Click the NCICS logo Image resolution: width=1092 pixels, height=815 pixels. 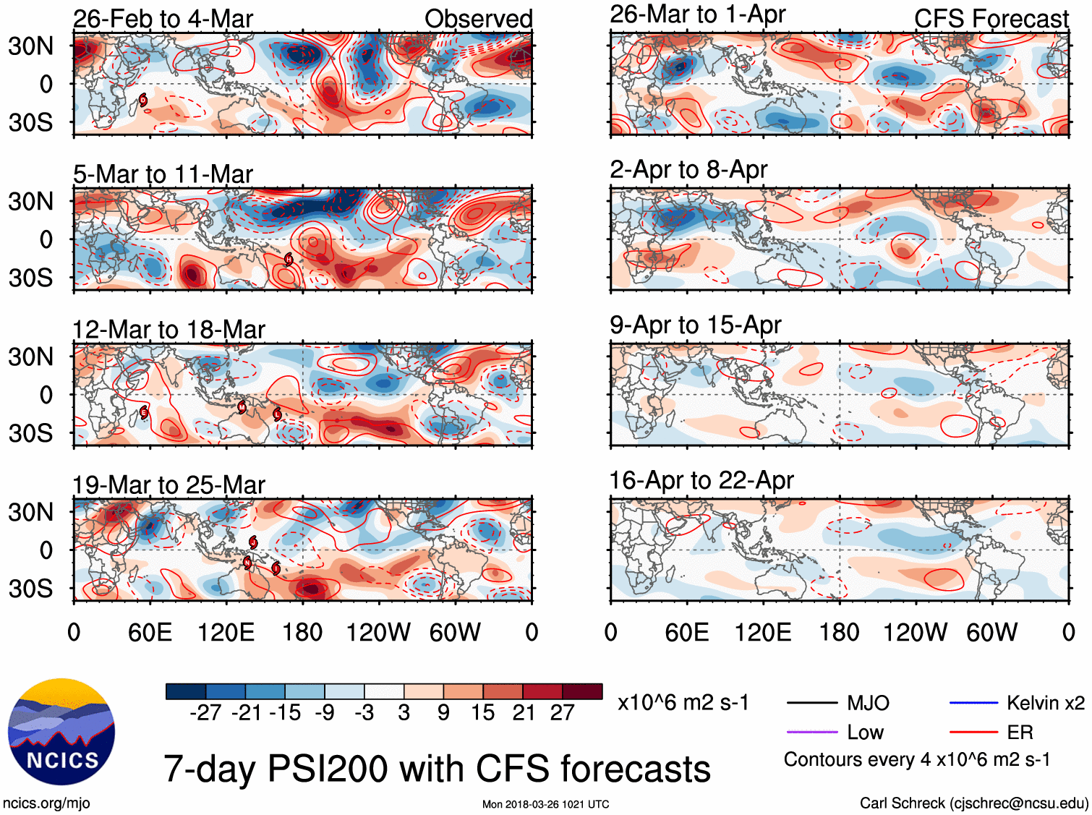click(61, 732)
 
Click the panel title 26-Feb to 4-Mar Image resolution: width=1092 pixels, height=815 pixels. click(163, 19)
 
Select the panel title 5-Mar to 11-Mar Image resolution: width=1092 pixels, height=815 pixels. click(163, 174)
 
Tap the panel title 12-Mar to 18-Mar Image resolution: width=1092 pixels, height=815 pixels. click(169, 330)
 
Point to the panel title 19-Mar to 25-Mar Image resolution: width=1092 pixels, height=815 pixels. click(169, 485)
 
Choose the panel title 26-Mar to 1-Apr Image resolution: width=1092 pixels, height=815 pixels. click(697, 14)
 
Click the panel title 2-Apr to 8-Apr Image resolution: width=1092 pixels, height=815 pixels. click(688, 170)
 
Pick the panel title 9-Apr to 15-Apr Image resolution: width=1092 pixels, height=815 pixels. click(695, 325)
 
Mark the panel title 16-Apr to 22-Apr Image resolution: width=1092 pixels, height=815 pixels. click(701, 481)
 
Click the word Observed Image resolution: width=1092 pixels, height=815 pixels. click(478, 19)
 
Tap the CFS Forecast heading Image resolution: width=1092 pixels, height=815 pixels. click(991, 19)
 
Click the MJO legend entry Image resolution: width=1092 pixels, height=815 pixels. click(868, 703)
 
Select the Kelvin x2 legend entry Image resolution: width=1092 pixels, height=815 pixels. click(1045, 703)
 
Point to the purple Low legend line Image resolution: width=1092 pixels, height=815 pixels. click(812, 733)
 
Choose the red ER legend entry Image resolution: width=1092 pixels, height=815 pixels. click(1020, 733)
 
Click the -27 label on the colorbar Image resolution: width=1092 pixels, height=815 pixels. click(205, 713)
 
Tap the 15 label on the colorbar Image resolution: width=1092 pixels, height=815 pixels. click(483, 713)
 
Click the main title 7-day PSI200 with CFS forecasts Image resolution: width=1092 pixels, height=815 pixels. click(437, 769)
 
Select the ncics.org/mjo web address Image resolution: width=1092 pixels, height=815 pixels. click(46, 803)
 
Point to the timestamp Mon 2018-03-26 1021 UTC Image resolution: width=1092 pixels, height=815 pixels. click(545, 804)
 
